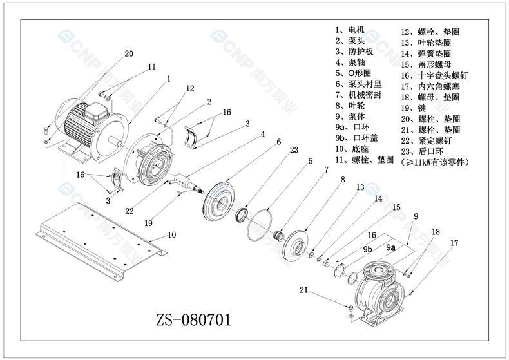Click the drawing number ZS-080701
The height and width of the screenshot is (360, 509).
[194, 320]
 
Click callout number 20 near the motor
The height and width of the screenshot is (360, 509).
[129, 53]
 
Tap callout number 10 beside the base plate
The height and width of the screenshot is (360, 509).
[172, 234]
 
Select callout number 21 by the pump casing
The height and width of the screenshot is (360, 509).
[303, 290]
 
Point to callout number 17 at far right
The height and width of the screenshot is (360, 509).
[454, 243]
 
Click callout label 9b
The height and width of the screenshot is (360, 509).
[367, 249]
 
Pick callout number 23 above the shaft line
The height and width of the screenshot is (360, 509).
[294, 150]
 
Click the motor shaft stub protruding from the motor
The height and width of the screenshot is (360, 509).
[115, 141]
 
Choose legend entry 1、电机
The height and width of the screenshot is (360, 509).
[350, 30]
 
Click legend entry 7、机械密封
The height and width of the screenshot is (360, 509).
[358, 95]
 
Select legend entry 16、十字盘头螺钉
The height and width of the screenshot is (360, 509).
[434, 75]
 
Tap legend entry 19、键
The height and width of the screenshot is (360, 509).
[413, 108]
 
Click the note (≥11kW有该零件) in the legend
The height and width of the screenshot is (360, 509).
[435, 162]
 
